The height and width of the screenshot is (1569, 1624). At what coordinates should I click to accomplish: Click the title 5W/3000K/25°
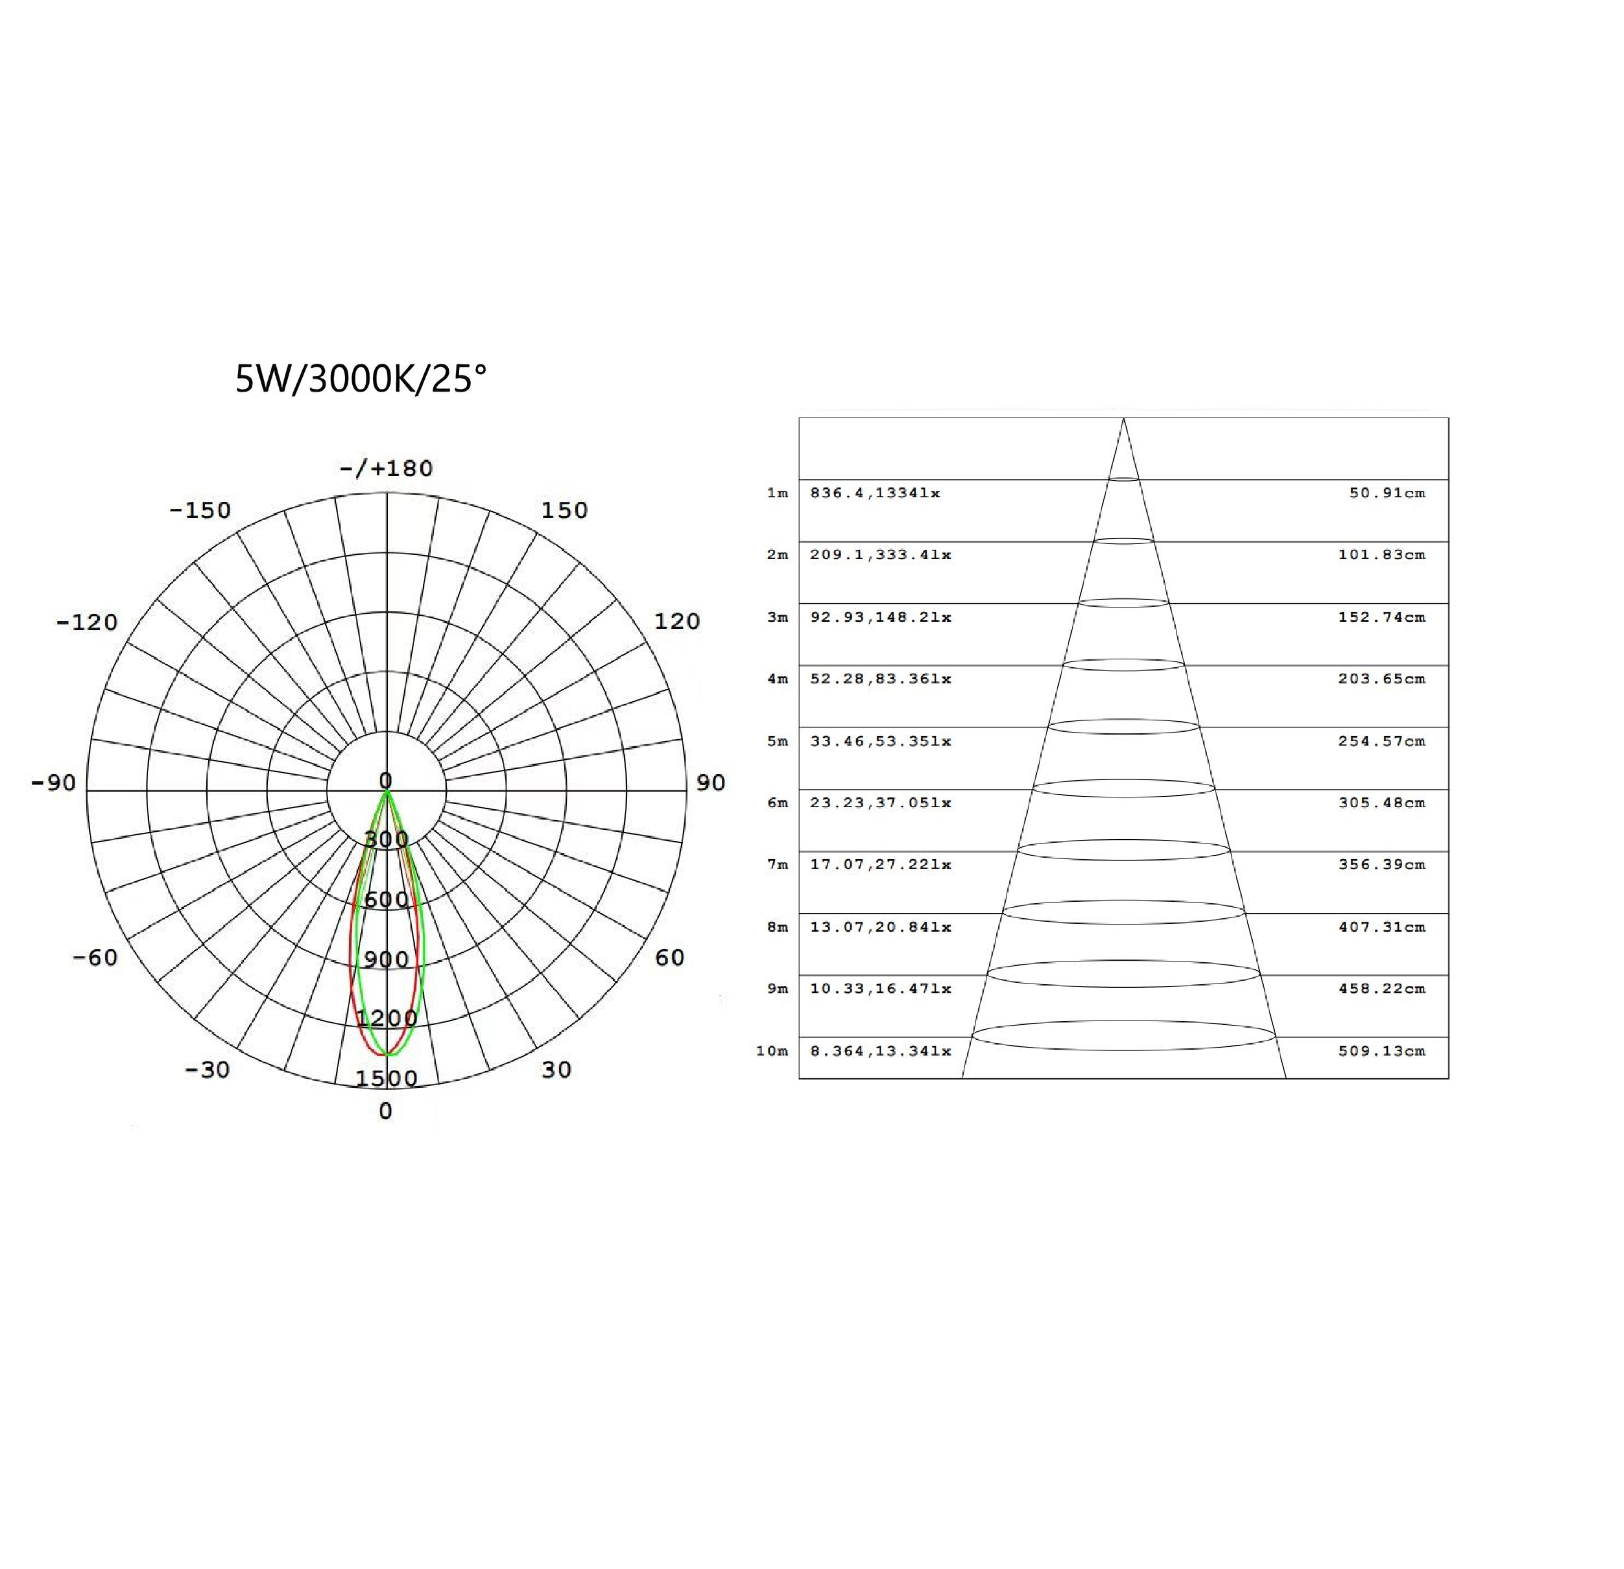click(x=361, y=379)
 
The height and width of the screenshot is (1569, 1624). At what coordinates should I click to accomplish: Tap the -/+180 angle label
click(x=386, y=469)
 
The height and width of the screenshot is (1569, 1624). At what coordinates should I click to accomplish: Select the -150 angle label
click(x=200, y=510)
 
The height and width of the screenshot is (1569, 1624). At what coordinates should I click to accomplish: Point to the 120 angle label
click(x=677, y=621)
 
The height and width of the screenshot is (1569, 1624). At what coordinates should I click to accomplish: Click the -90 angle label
click(x=54, y=783)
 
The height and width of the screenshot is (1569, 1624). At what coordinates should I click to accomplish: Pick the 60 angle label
click(x=669, y=958)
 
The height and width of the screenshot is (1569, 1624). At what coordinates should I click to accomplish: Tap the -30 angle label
click(x=207, y=1070)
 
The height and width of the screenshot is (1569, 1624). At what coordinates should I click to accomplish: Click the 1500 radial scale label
click(x=386, y=1079)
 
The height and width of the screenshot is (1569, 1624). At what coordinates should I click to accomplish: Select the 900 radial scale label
click(x=386, y=960)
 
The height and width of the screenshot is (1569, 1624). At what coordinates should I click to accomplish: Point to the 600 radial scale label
click(x=386, y=900)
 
